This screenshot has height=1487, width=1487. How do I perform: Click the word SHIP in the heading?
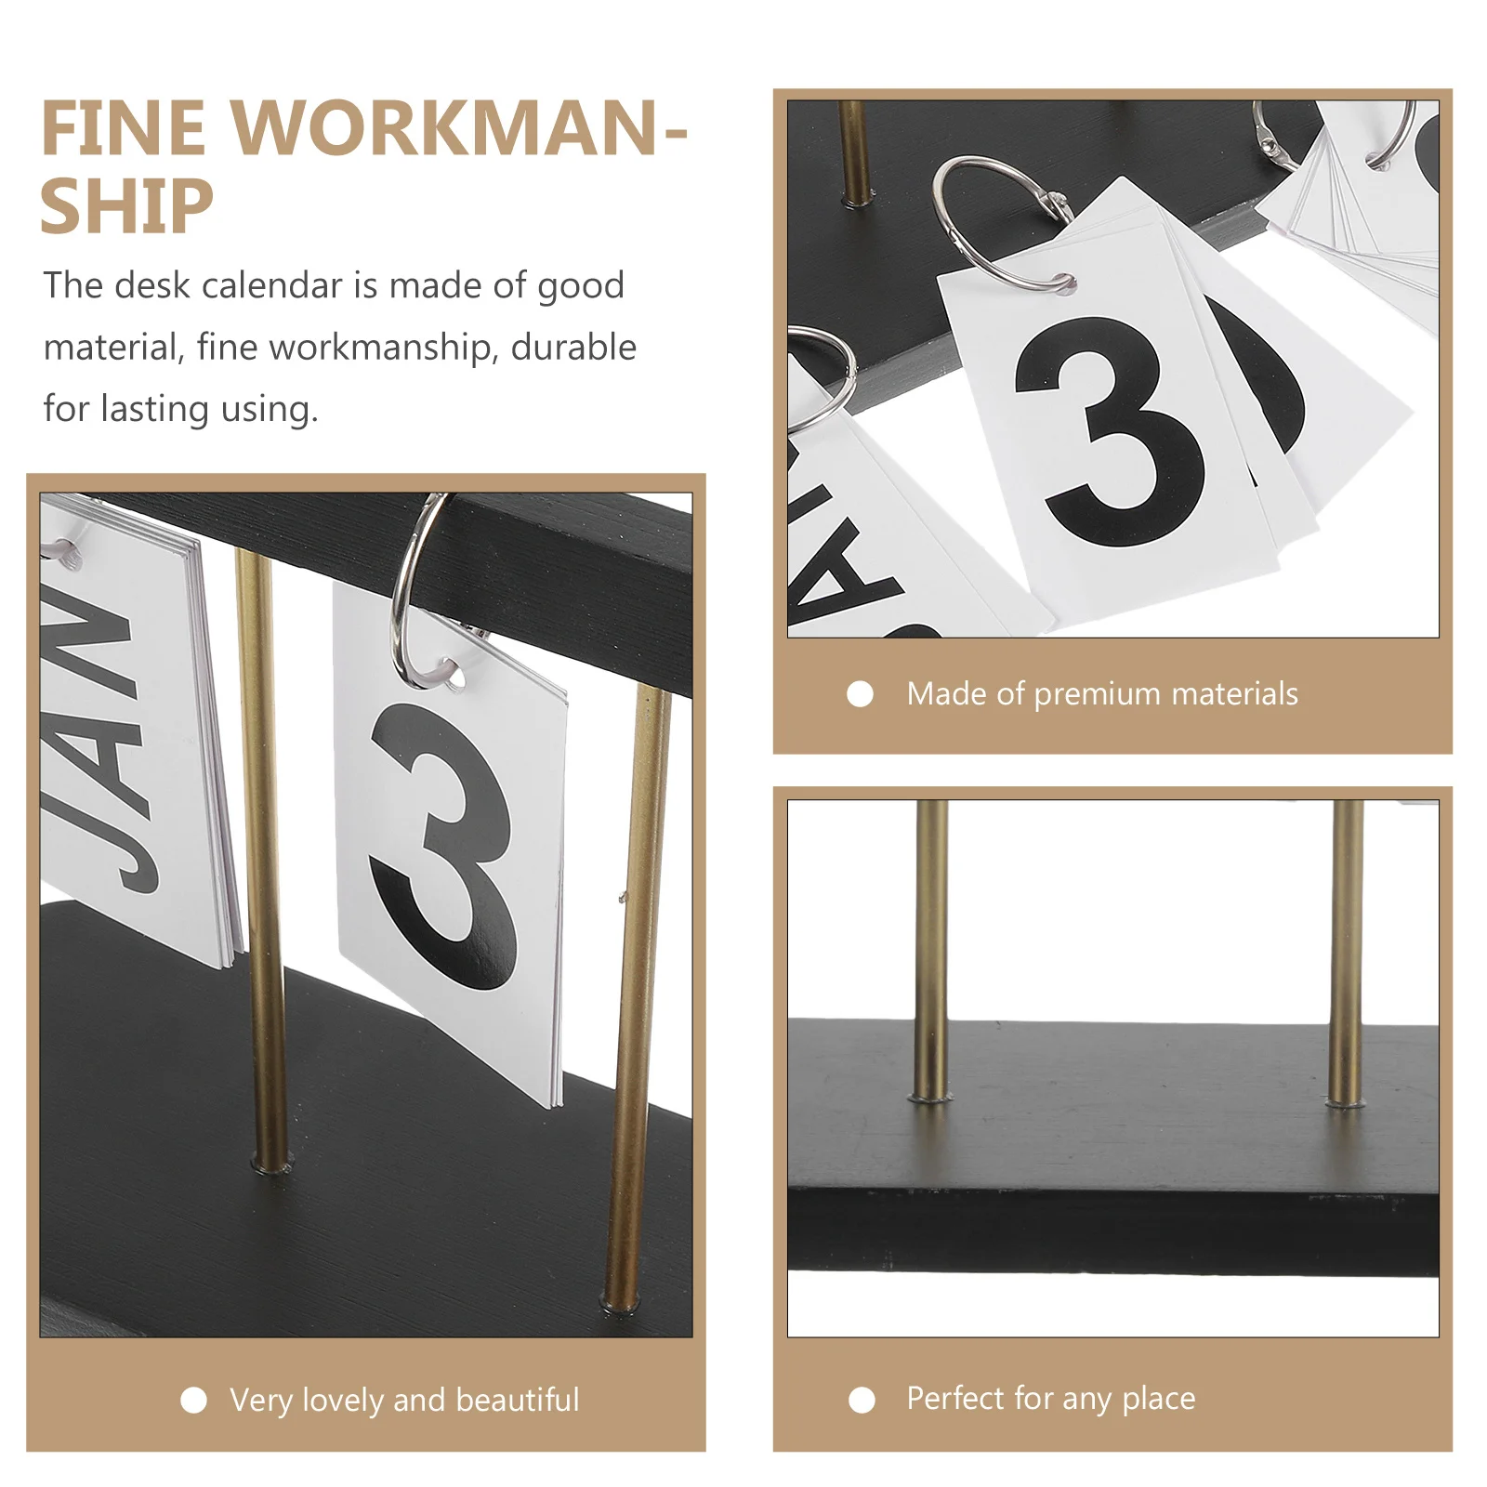pos(126,206)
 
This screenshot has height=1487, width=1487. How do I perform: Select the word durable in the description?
pos(573,347)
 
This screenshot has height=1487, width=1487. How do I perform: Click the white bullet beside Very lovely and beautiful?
pos(193,1400)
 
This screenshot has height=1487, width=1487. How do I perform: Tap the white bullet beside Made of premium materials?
pos(860,694)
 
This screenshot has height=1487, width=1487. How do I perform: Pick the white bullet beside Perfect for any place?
pos(862,1400)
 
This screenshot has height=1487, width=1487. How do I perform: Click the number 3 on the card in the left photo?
pos(444,846)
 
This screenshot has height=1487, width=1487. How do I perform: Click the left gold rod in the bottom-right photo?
pos(931,948)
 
